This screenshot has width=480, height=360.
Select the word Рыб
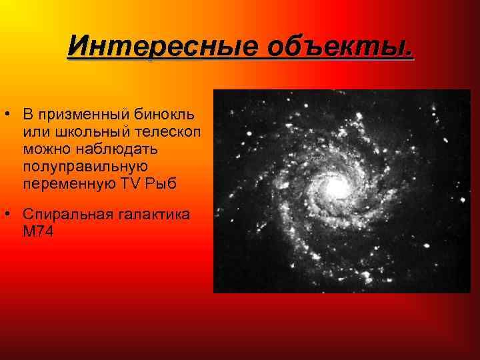(x=161, y=183)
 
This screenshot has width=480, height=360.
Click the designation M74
(x=37, y=232)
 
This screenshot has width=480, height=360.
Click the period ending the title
(x=409, y=53)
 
